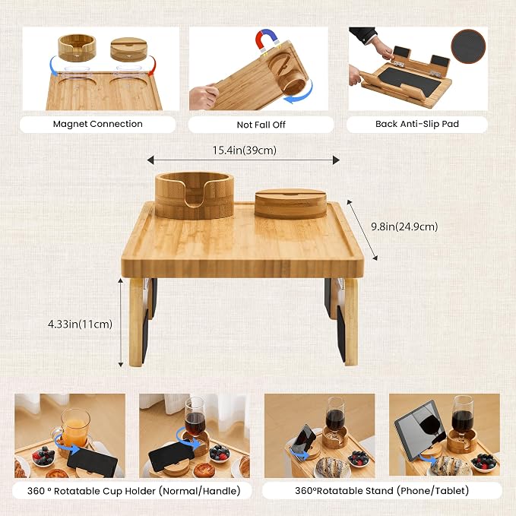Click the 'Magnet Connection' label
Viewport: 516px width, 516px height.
tap(98, 124)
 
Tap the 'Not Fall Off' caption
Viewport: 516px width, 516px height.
tap(261, 125)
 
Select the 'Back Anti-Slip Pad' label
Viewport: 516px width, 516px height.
tap(417, 124)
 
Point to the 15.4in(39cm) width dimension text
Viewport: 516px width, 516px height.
tap(245, 150)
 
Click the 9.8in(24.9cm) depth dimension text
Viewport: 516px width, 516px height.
tap(404, 226)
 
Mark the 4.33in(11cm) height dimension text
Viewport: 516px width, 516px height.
tap(81, 324)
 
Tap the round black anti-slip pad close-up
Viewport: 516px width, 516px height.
tap(468, 46)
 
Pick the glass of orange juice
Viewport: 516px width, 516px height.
tap(76, 428)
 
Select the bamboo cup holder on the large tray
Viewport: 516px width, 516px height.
tap(195, 195)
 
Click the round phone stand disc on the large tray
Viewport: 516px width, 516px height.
tap(291, 204)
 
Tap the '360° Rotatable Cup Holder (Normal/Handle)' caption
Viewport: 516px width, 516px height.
tap(134, 491)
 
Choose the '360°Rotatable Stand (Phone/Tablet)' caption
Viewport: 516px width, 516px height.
tap(381, 491)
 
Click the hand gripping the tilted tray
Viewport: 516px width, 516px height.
tap(204, 96)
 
